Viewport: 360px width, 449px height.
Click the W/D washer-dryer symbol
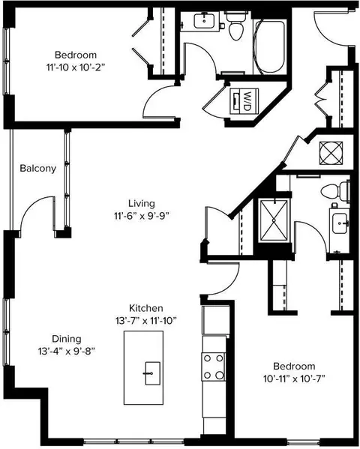coord(244,101)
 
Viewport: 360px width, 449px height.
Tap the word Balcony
coord(37,169)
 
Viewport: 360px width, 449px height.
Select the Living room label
coord(142,204)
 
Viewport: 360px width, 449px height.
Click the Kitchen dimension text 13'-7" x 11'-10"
coord(146,321)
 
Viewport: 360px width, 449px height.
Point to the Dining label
coord(67,339)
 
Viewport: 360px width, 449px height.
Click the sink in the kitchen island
coord(152,373)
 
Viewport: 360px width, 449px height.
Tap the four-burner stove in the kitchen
coord(214,367)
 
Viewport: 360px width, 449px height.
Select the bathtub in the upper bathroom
coord(269,46)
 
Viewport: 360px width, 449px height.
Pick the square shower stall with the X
coord(274,220)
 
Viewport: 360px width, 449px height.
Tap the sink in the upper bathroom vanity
coord(204,21)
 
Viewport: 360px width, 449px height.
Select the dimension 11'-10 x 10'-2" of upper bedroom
coord(76,68)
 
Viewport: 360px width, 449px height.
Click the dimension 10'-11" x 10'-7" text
coord(294,379)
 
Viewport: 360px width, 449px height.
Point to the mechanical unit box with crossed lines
coord(331,153)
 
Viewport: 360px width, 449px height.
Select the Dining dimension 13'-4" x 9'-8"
coord(67,351)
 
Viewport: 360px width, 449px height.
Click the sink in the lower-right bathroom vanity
coord(340,223)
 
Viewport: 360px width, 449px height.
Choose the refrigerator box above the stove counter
coord(216,320)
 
